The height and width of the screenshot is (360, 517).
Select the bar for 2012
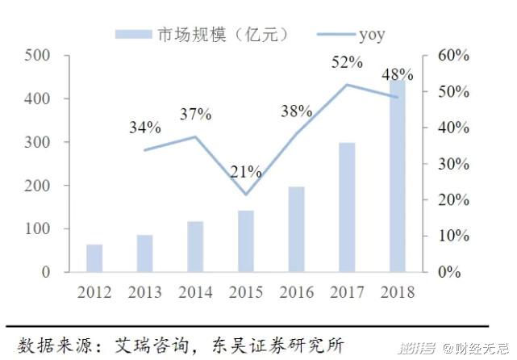tap(94, 258)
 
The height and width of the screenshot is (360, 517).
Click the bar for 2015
tap(246, 241)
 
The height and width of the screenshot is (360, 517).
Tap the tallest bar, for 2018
tap(398, 178)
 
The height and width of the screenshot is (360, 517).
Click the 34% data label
tap(145, 128)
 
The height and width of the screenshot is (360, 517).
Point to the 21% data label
tap(245, 172)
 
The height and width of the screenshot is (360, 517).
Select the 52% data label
tap(347, 62)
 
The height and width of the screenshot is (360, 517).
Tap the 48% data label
tap(397, 75)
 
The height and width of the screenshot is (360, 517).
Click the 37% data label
tap(195, 114)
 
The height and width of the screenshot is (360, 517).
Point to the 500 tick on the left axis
tap(38, 56)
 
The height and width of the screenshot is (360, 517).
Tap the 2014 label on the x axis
tap(195, 291)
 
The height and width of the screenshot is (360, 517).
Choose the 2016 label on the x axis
tap(296, 291)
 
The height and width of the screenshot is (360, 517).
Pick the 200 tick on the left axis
tap(38, 186)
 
